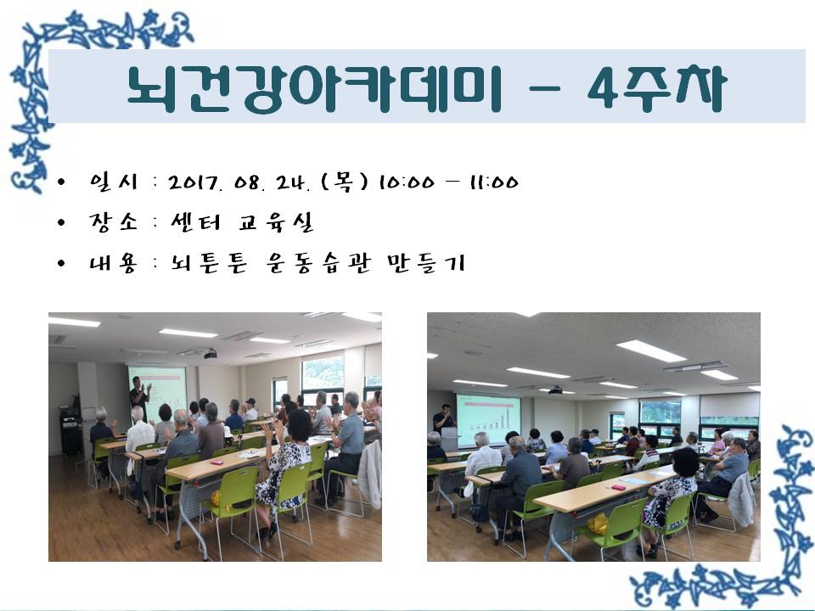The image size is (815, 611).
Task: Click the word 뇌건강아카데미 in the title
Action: (314, 89)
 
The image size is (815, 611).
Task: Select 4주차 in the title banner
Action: (656, 89)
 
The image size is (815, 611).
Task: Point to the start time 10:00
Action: (406, 182)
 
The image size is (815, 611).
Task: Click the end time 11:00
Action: (494, 182)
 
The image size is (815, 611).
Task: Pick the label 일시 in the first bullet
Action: (113, 182)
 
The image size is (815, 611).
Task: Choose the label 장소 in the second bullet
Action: (113, 221)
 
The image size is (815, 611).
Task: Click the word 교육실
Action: (277, 221)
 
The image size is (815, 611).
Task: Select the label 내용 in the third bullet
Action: (113, 263)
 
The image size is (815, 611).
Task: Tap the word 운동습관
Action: (318, 263)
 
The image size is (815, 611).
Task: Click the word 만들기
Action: (425, 263)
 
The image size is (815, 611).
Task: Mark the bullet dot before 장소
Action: (61, 223)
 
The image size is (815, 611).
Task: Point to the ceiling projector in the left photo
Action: (211, 355)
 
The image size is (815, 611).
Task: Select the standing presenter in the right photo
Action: (443, 418)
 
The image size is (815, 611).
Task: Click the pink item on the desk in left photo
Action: (216, 462)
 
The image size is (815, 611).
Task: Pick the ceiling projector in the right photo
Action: (555, 390)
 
